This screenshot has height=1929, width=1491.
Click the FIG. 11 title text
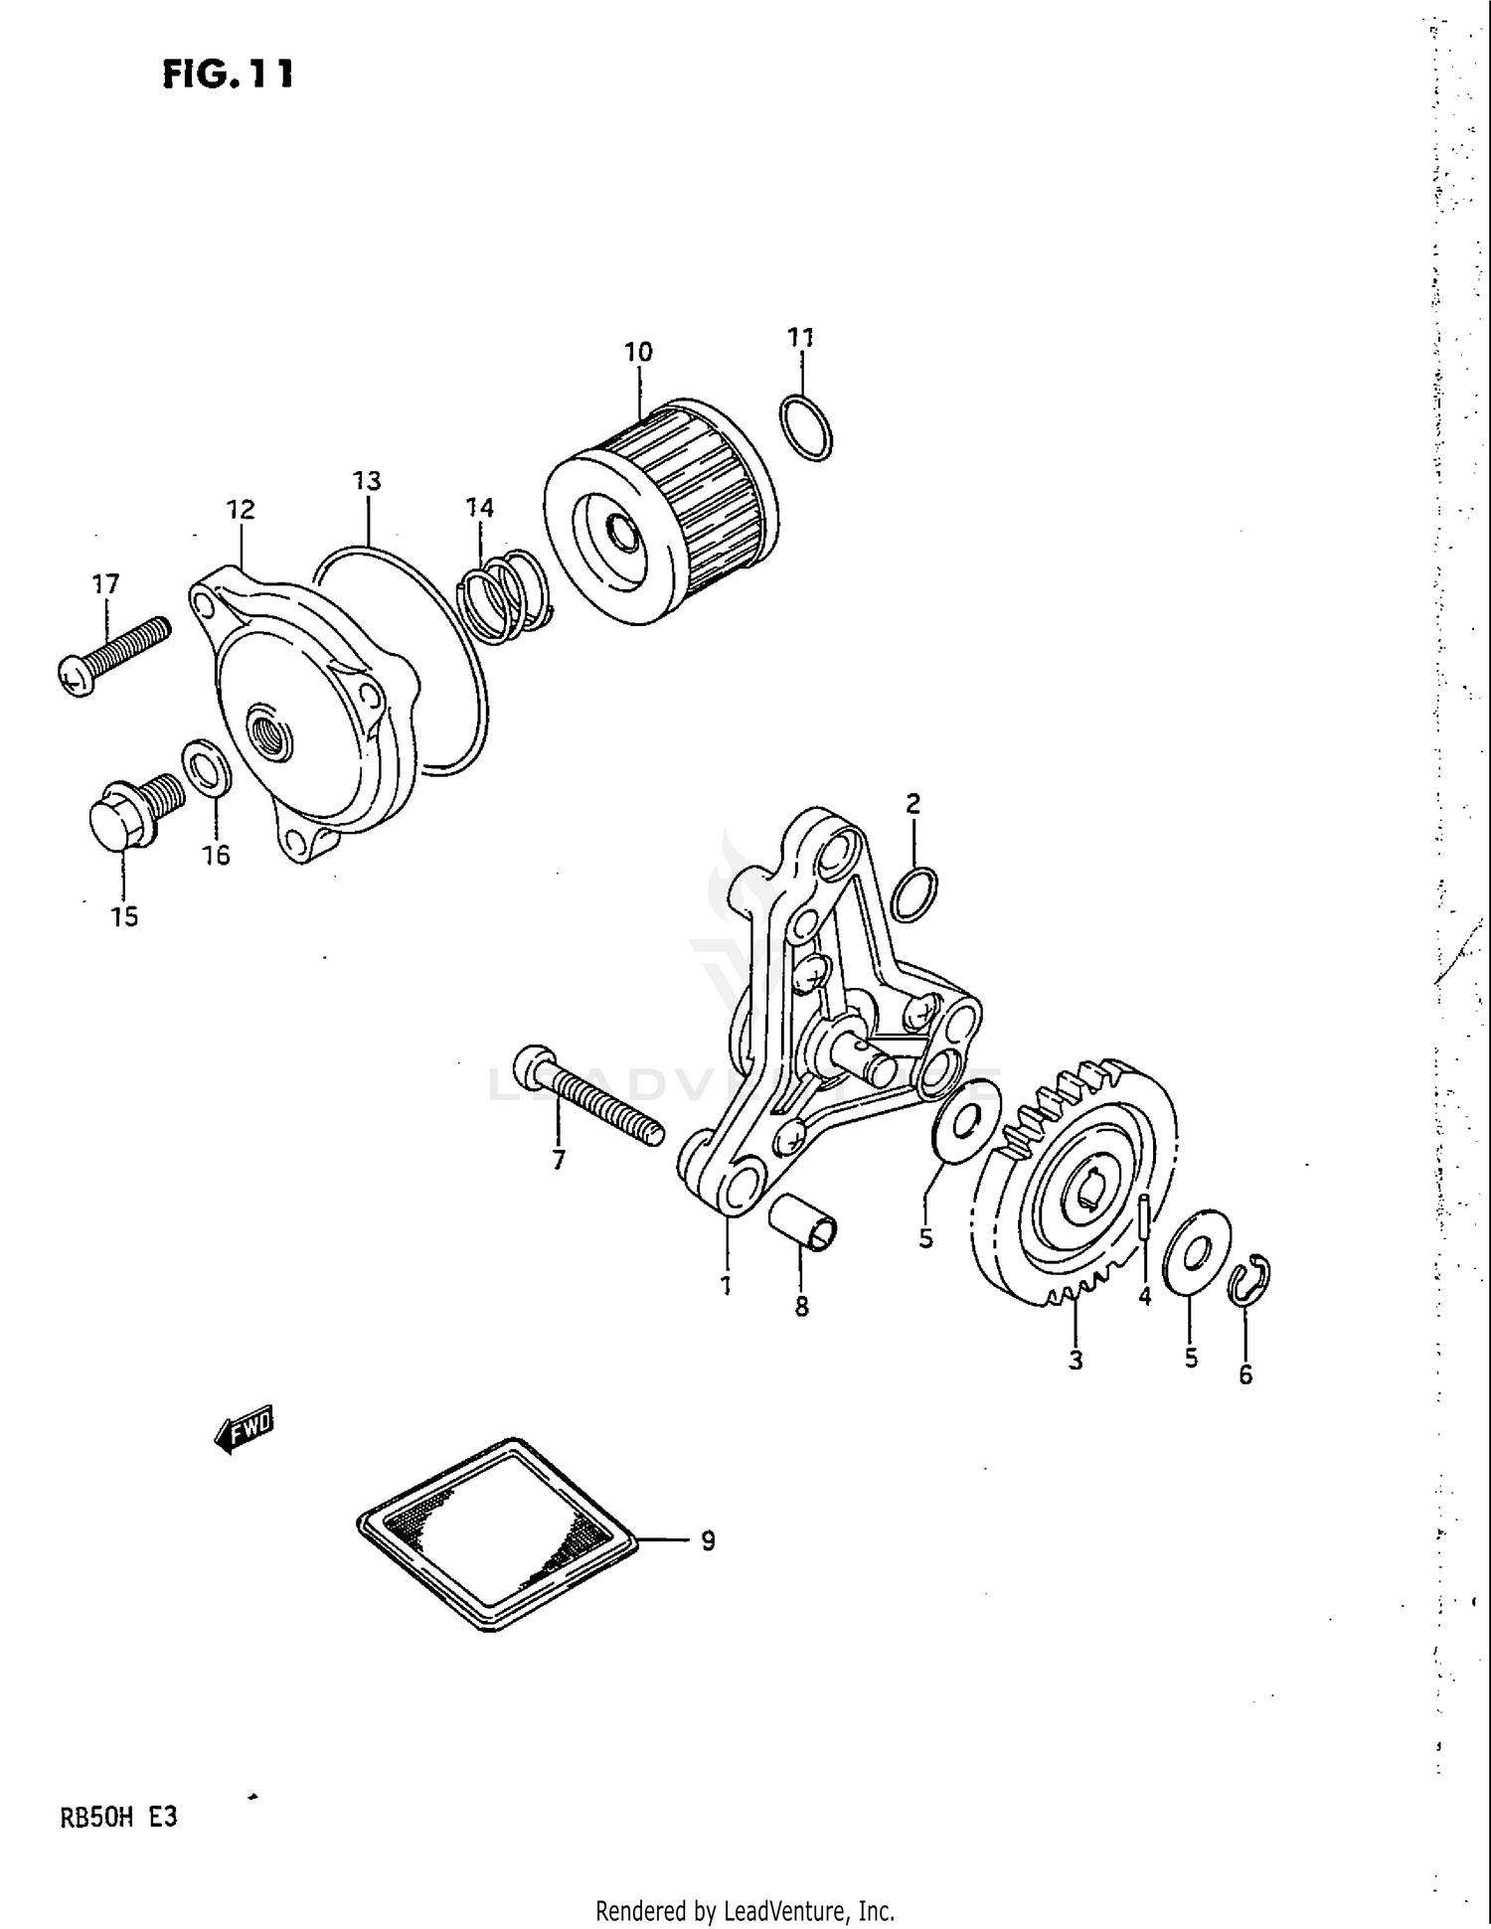pos(228,75)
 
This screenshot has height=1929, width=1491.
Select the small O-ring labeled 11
pos(806,427)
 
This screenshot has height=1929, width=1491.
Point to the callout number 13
pos(367,481)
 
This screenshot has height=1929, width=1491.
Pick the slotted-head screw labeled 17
pos(114,655)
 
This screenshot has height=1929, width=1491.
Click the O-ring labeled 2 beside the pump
pos(913,893)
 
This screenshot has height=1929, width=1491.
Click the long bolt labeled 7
pos(586,1097)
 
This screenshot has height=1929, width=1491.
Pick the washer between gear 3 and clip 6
pos(1196,1253)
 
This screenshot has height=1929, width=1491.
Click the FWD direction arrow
pos(245,1431)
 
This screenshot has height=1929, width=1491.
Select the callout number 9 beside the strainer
pos(707,1541)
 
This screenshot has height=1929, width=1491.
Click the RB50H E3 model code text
pos(119,1819)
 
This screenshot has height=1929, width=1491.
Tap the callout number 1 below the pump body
pos(726,1285)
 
